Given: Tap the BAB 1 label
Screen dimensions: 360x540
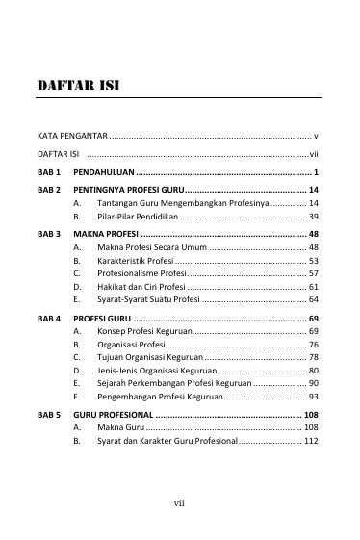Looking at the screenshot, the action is coord(48,171).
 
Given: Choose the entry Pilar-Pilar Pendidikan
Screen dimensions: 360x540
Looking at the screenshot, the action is coord(137,218).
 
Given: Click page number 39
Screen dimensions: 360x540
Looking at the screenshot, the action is coord(314,218).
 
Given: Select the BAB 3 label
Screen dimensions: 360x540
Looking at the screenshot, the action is coord(48,234).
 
